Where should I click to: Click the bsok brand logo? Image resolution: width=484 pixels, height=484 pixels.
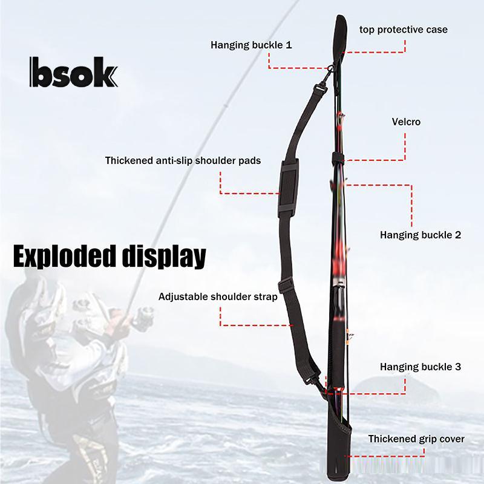point(73,72)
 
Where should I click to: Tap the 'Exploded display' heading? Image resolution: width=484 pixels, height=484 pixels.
point(110,256)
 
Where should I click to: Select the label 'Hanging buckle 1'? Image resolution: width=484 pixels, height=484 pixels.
point(251,45)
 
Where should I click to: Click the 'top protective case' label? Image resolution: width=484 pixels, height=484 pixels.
point(404,30)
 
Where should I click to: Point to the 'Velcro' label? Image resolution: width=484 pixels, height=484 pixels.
point(406,122)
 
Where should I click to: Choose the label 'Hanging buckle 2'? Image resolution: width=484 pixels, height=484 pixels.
point(420,235)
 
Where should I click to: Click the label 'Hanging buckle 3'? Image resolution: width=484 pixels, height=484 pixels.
point(420,367)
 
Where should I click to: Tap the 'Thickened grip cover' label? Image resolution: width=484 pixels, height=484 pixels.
point(416,439)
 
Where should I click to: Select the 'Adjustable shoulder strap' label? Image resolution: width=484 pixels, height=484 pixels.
point(218,296)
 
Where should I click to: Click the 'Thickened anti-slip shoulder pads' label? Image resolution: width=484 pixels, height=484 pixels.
point(183,160)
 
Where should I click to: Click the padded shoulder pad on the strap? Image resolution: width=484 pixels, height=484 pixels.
point(289,186)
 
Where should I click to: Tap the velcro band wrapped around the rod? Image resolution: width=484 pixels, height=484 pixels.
point(338,159)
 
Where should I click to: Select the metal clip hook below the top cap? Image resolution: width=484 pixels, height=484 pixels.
point(329,73)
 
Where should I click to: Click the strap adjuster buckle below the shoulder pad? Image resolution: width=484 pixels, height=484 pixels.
point(286,284)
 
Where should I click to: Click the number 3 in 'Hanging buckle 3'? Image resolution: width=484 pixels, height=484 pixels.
point(458,367)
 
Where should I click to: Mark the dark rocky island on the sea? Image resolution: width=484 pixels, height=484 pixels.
point(397,390)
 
